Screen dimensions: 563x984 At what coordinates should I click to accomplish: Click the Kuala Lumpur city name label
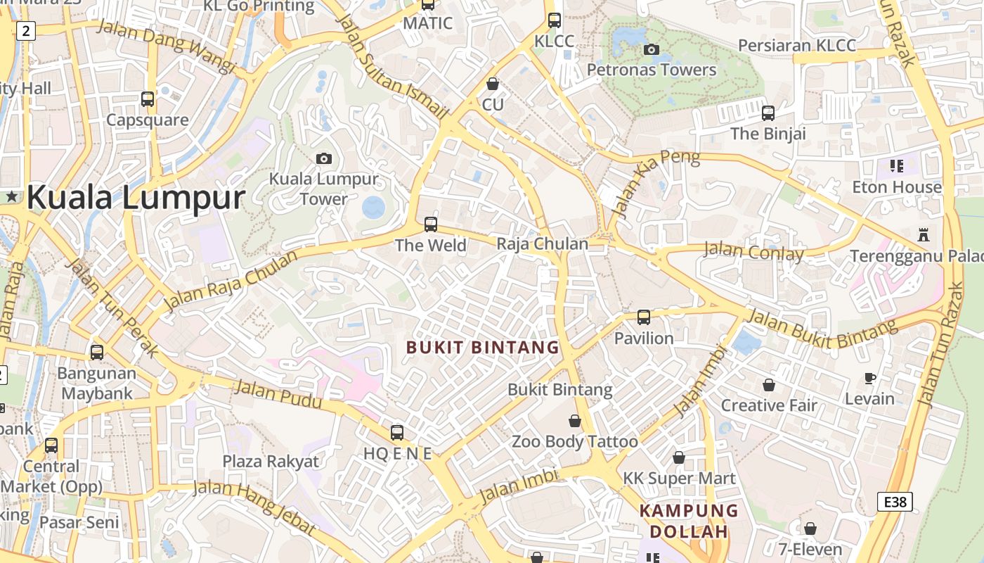click(136, 198)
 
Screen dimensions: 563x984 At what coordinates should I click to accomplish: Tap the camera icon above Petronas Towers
click(652, 49)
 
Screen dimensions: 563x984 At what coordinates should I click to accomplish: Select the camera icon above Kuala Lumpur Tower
click(324, 158)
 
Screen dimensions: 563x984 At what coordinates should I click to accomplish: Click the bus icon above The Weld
click(430, 224)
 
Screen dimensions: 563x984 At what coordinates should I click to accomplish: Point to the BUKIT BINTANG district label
click(482, 347)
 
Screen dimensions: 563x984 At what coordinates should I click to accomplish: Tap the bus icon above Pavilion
click(644, 317)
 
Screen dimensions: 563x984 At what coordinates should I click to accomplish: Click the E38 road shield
click(895, 502)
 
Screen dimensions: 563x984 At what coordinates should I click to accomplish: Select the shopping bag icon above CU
click(493, 84)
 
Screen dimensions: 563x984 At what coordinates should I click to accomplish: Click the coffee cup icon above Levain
click(869, 378)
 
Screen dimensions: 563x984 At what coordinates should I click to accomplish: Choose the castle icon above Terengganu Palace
click(924, 235)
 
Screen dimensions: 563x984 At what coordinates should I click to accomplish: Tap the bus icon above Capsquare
click(148, 99)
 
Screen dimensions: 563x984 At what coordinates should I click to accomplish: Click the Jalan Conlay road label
click(753, 251)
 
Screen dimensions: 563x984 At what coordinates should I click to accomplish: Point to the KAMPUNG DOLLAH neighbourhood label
click(689, 521)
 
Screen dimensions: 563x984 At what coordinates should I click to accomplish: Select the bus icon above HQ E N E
click(397, 432)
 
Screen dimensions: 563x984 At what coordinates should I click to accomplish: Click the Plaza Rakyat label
click(271, 462)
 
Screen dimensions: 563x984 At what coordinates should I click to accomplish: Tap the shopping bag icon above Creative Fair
click(769, 385)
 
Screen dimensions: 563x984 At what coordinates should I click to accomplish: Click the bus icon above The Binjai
click(768, 113)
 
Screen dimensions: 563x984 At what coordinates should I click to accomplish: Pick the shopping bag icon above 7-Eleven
click(810, 528)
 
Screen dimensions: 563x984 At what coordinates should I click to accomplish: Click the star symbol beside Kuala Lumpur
click(12, 198)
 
